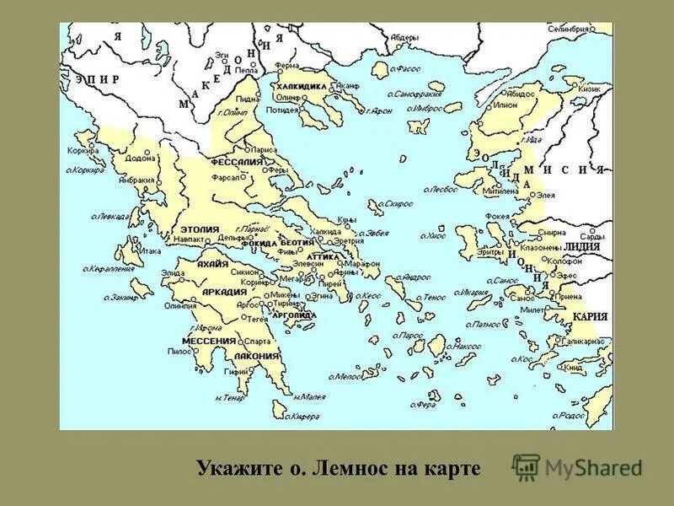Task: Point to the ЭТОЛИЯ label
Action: click(200, 229)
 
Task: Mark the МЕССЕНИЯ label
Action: click(209, 341)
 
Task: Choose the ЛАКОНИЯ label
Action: click(257, 356)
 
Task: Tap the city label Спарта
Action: click(257, 342)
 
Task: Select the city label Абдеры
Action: click(404, 38)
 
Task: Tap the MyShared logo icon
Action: click(526, 466)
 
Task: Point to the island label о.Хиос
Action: click(436, 238)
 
